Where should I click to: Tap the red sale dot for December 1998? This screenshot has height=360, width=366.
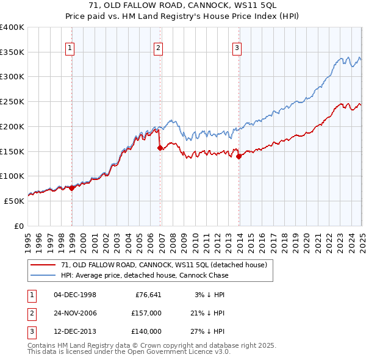[x=72, y=188]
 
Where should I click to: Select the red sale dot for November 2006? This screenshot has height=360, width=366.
[x=160, y=148]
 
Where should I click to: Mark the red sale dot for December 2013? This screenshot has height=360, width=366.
[x=239, y=156]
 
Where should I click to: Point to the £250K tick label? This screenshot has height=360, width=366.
[x=12, y=101]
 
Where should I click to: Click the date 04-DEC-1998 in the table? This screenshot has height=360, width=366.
[x=75, y=295]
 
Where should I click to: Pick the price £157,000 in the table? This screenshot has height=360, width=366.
[x=146, y=313]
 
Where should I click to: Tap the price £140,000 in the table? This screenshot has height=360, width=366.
[x=146, y=331]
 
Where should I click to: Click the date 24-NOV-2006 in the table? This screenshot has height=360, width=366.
[x=75, y=313]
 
